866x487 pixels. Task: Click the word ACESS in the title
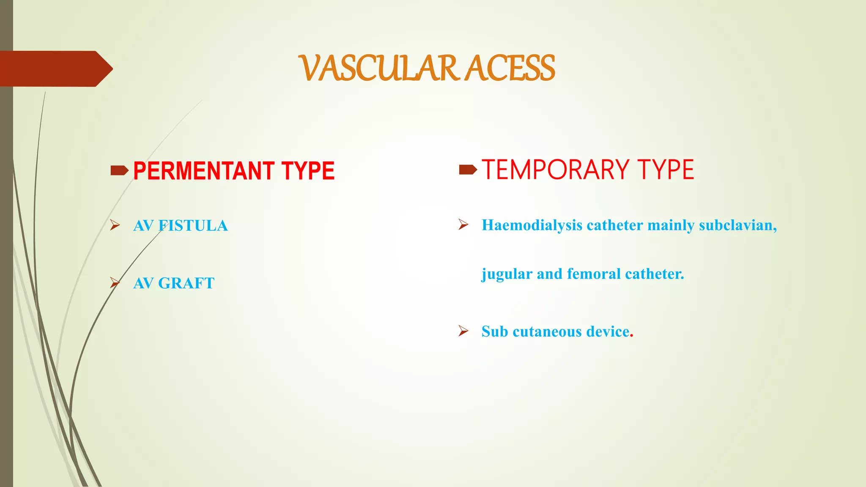click(x=510, y=68)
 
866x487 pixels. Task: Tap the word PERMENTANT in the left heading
click(x=204, y=171)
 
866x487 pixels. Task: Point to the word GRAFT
click(x=186, y=283)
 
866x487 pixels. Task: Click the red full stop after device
click(x=632, y=336)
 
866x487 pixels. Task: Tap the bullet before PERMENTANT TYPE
click(x=119, y=170)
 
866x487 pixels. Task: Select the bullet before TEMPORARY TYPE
click(x=468, y=170)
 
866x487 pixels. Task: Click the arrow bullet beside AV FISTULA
click(x=115, y=225)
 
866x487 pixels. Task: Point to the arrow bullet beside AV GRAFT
click(x=115, y=282)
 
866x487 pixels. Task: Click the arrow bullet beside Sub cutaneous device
click(x=463, y=331)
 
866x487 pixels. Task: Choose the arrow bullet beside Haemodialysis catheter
click(x=463, y=224)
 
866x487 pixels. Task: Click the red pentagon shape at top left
click(x=55, y=68)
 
